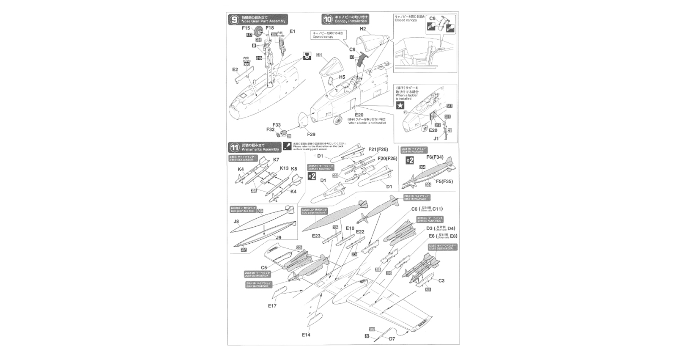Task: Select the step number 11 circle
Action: (x=234, y=148)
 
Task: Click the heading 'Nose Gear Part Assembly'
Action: (x=263, y=21)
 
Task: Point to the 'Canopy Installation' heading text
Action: (x=351, y=21)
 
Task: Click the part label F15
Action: (x=247, y=28)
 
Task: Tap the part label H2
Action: (x=363, y=29)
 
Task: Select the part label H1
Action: (x=319, y=55)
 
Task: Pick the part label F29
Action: (x=311, y=135)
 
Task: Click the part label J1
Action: (x=436, y=137)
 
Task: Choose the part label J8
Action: (x=236, y=221)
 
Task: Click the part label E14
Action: (x=306, y=335)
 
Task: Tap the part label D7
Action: (x=392, y=339)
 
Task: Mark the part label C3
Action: (x=441, y=280)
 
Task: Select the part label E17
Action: (x=272, y=305)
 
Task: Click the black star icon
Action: (x=400, y=106)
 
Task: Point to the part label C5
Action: (x=264, y=267)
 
